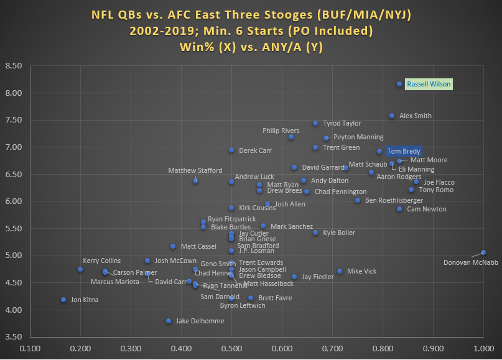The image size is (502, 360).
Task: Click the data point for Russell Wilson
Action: (399, 84)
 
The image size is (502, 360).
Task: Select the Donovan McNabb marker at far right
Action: (483, 252)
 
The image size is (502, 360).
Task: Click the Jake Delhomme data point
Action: (169, 321)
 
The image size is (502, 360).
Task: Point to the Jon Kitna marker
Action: (63, 300)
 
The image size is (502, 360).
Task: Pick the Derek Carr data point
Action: (231, 150)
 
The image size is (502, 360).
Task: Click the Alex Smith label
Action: (416, 116)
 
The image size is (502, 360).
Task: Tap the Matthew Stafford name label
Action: (194, 170)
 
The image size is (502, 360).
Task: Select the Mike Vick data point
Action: (340, 271)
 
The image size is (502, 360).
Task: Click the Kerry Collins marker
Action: (80, 269)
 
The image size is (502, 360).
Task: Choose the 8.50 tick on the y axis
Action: (13, 66)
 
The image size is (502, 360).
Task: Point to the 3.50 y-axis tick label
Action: (13, 337)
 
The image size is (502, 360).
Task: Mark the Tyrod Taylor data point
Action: (315, 123)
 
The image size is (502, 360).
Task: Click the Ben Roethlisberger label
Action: (394, 200)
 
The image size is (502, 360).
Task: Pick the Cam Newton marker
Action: (399, 209)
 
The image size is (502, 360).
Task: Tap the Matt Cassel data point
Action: (173, 246)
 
